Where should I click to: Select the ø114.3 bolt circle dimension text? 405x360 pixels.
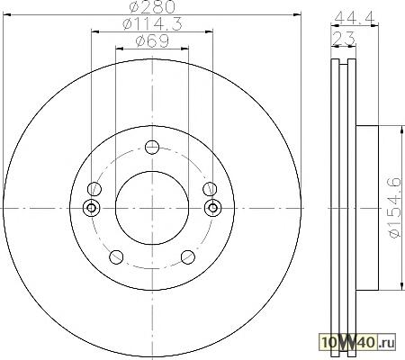pyautogui.click(x=152, y=24)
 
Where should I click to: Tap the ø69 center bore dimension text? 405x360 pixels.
pyautogui.click(x=152, y=41)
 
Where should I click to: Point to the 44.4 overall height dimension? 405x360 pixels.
pyautogui.click(x=355, y=19)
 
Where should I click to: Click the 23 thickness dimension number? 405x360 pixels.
pyautogui.click(x=344, y=39)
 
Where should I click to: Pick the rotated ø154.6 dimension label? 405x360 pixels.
pyautogui.click(x=395, y=208)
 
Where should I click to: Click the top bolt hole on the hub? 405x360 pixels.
pyautogui.click(x=152, y=147)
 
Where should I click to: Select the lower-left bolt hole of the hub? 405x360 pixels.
pyautogui.click(x=116, y=257)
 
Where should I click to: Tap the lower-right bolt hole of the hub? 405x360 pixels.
pyautogui.click(x=188, y=257)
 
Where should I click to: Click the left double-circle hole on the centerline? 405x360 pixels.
pyautogui.click(x=91, y=208)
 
